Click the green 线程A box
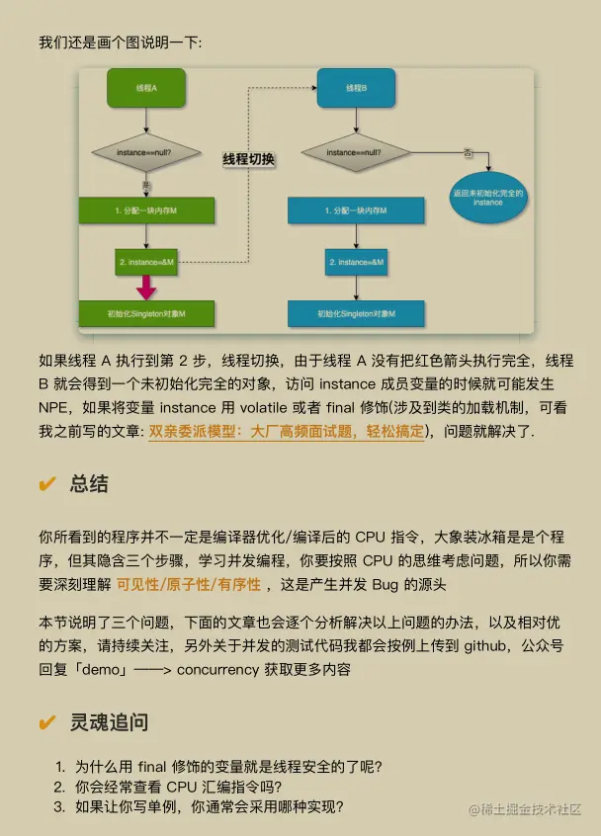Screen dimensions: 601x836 pyautogui.click(x=146, y=88)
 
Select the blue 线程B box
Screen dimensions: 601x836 pyautogui.click(x=356, y=88)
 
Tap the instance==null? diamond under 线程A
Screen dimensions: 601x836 pyautogui.click(x=146, y=153)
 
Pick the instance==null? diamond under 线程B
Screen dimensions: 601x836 pyautogui.click(x=356, y=153)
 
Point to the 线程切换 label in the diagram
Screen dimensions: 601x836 pyautogui.click(x=248, y=159)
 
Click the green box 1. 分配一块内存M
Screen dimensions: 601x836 pyautogui.click(x=146, y=210)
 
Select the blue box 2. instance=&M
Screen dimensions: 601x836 pyautogui.click(x=356, y=262)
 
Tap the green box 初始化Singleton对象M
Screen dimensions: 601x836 pyautogui.click(x=146, y=313)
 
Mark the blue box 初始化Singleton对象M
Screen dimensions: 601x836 pyautogui.click(x=356, y=313)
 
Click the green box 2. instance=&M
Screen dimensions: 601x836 pyautogui.click(x=146, y=262)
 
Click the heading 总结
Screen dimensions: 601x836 pyautogui.click(x=89, y=484)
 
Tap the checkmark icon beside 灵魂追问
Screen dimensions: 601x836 pyautogui.click(x=46, y=722)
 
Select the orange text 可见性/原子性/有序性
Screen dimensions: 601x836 pyautogui.click(x=189, y=584)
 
